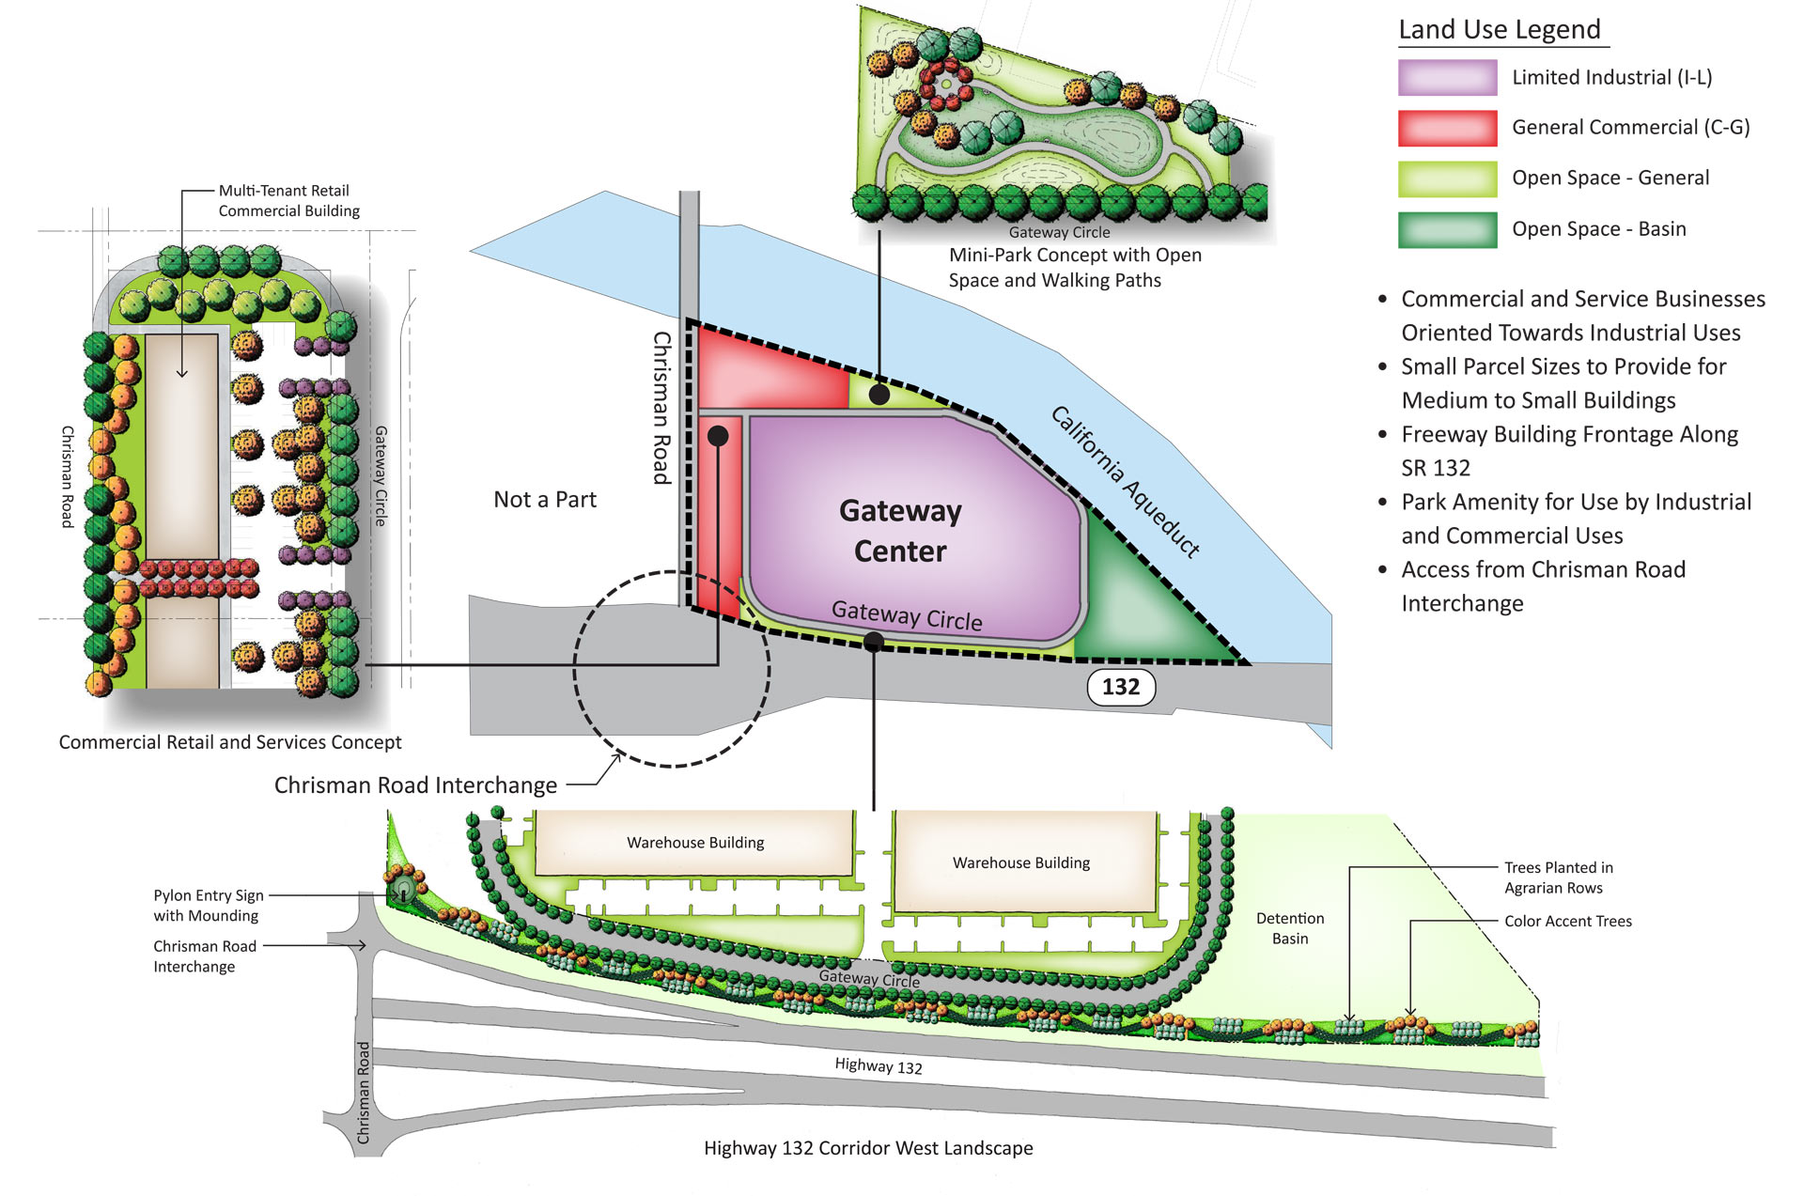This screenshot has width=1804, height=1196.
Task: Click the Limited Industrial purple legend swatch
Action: click(x=1447, y=78)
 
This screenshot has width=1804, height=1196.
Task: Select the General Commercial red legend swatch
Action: click(x=1447, y=128)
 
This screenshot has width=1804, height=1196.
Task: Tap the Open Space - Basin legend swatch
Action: click(x=1447, y=229)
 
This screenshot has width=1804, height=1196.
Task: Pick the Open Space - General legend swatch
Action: click(x=1447, y=179)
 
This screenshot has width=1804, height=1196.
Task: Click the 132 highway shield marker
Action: click(x=1121, y=687)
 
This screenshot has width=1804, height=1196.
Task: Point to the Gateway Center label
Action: click(x=900, y=531)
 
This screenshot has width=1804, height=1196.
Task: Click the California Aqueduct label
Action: click(x=1125, y=482)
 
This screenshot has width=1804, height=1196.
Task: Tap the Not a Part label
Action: click(x=545, y=500)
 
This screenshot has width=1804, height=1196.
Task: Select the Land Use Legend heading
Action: click(x=1500, y=30)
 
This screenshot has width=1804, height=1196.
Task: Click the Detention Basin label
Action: click(x=1290, y=928)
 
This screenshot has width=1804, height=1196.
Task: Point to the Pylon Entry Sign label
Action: click(x=208, y=906)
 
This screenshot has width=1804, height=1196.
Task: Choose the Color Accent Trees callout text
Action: click(x=1567, y=922)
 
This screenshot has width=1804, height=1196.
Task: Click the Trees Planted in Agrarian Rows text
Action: click(x=1558, y=878)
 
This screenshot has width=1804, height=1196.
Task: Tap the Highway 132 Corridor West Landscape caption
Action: click(x=868, y=1148)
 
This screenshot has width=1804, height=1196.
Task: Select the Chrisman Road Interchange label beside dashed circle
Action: click(x=415, y=785)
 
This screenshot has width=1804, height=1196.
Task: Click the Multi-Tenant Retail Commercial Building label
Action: click(x=288, y=201)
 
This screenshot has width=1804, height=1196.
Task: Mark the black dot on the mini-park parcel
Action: click(x=879, y=395)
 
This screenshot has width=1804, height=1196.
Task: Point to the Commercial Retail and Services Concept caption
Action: click(x=230, y=742)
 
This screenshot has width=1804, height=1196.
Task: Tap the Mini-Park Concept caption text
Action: click(x=1075, y=268)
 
